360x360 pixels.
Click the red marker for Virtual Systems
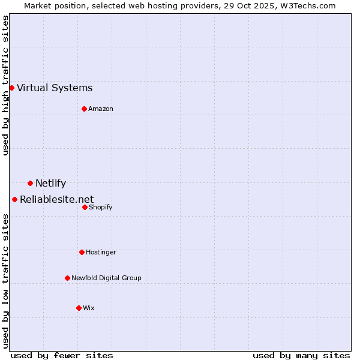pyautogui.click(x=11, y=88)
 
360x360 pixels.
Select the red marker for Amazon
pyautogui.click(x=84, y=109)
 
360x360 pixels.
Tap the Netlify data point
pyautogui.click(x=30, y=183)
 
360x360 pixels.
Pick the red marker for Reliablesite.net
pyautogui.click(x=14, y=199)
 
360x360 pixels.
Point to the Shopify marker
pyautogui.click(x=85, y=207)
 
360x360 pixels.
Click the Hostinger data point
pyautogui.click(x=82, y=252)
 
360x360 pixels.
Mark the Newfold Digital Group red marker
pyautogui.click(x=67, y=278)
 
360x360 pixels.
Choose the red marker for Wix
pyautogui.click(x=79, y=308)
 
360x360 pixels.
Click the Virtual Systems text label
pyautogui.click(x=55, y=88)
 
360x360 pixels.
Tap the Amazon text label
pyautogui.click(x=101, y=109)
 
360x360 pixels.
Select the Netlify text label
pyautogui.click(x=50, y=184)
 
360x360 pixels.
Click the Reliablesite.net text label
pyautogui.click(x=56, y=199)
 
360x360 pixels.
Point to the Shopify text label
pyautogui.click(x=101, y=207)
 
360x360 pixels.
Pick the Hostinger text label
pyautogui.click(x=101, y=252)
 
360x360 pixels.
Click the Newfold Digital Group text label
pyautogui.click(x=106, y=278)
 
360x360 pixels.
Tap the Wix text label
pyautogui.click(x=89, y=308)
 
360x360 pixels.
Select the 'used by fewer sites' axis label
pyautogui.click(x=62, y=355)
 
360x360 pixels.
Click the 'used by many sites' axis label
pyautogui.click(x=301, y=355)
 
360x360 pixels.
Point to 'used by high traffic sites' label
pyautogui.click(x=5, y=85)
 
